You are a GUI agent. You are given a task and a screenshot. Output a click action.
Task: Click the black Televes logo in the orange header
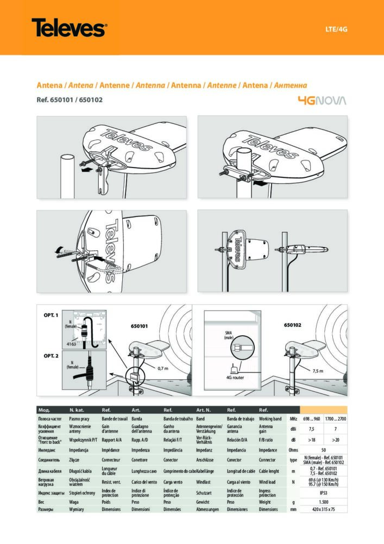[x=69, y=27]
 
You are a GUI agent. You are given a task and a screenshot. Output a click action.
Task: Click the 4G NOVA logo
[x=322, y=100]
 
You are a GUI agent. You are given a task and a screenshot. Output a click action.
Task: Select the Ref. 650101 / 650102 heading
[x=69, y=100]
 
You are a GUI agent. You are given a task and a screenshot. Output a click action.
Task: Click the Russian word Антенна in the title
[x=291, y=85]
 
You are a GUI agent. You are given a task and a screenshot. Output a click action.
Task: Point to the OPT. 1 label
[x=51, y=315]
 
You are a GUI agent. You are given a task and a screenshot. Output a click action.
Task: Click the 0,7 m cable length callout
[x=163, y=368]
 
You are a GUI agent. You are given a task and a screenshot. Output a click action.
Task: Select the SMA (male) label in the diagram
[x=229, y=335]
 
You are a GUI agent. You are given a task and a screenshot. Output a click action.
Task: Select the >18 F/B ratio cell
[x=312, y=440]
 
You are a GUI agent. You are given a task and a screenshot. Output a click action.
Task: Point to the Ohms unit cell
[x=293, y=450]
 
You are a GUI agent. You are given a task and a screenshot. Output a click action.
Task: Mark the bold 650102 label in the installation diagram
[x=295, y=325]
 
